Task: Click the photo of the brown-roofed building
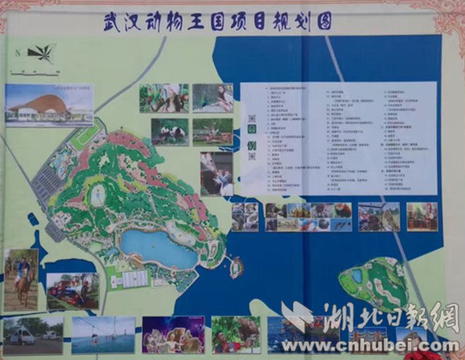point(49,105)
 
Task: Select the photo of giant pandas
point(170,131)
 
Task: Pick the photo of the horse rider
point(21,279)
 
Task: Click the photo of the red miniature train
point(72,291)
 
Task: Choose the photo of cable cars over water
point(103,335)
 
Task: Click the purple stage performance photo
point(173,335)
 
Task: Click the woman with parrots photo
point(212,97)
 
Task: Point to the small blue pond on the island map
point(358,275)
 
